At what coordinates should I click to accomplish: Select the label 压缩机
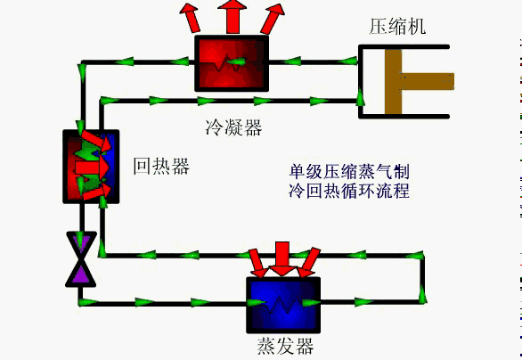coord(397,25)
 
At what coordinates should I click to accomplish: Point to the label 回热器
coord(161,167)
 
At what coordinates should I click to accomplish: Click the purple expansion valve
coord(81,258)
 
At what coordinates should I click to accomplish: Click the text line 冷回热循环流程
coord(348,191)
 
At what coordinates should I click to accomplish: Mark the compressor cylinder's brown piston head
coord(393,83)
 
